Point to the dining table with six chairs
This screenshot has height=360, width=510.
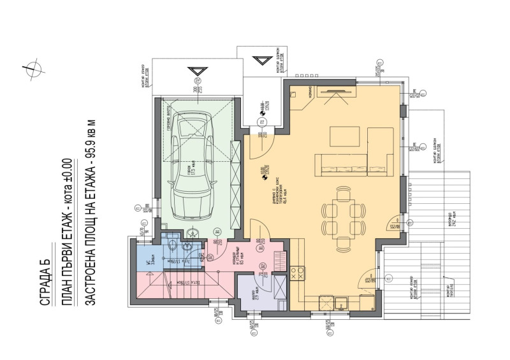point(342,212)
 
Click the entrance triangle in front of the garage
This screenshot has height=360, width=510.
point(195,72)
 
